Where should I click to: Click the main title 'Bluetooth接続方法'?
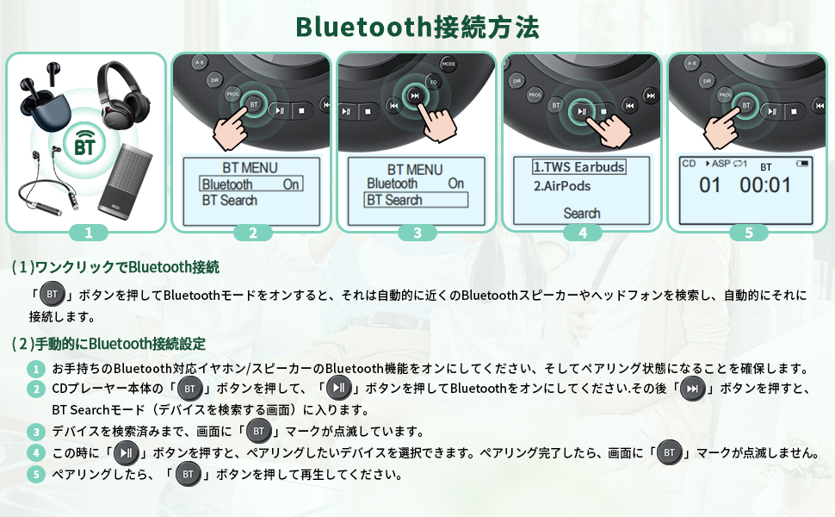pos(417,27)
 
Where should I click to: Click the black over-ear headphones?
pos(126,94)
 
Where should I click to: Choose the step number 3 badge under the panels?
pos(417,233)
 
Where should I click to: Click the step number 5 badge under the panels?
pos(748,233)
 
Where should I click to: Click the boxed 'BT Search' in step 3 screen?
pos(416,200)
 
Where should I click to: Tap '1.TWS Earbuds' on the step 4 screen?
pos(578,167)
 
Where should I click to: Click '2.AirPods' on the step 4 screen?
pos(561,186)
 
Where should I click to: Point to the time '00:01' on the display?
pos(765,185)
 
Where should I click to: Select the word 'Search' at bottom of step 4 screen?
pos(582,213)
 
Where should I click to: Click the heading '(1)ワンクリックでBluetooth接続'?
pos(116,267)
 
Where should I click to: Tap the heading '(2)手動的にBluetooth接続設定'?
pos(108,344)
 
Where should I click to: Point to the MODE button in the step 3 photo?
pos(448,64)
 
